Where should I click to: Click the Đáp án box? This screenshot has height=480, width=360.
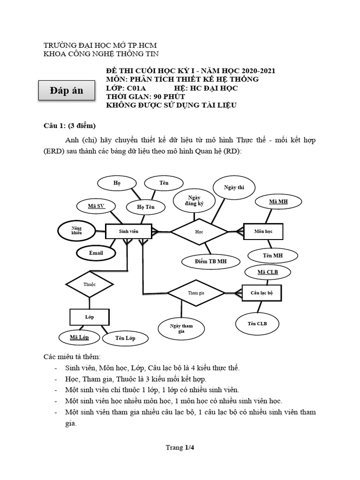pos(67,90)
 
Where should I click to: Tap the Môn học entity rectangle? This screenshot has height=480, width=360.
pos(263,232)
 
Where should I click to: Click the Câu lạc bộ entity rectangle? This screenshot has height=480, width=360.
pos(262,292)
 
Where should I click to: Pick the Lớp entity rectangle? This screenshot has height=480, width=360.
pos(90,317)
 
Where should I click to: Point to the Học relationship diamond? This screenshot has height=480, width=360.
pos(199,231)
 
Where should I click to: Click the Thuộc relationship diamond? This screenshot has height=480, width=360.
pos(89,284)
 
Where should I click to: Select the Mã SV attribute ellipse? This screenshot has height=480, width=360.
pos(97,206)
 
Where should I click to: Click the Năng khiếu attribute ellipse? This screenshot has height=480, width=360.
pos(76,231)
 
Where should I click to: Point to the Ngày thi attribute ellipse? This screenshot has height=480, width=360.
pos(235,188)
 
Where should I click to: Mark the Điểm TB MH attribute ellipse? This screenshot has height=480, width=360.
pos(210,261)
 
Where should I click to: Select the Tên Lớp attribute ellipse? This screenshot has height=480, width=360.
pos(125,338)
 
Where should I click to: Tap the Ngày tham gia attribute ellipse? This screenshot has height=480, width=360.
pos(181,328)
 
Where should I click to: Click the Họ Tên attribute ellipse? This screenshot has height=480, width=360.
pos(145,207)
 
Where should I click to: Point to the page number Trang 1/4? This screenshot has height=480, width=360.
pos(180,448)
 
